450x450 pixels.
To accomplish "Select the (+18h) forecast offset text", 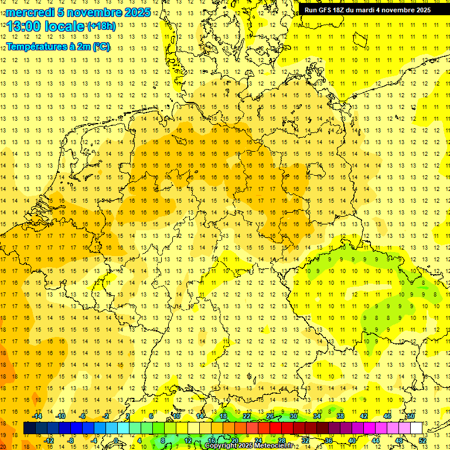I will [101, 26].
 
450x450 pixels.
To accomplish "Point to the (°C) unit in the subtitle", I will [101, 47].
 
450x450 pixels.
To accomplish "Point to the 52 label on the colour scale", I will [422, 440].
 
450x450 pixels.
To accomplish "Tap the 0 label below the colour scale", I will [116, 440].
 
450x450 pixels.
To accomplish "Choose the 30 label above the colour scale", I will [294, 416].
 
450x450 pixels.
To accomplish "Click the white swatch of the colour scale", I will [416, 428].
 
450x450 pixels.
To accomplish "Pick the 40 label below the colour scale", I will [352, 440].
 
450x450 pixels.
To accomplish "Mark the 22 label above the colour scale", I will [247, 416].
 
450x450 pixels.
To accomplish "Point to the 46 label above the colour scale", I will [387, 416].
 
